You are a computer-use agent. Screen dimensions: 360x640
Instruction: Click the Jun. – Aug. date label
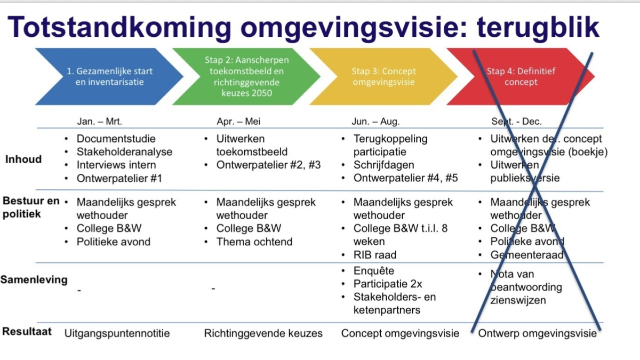point(375,121)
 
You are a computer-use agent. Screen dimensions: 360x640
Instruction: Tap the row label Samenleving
point(34,279)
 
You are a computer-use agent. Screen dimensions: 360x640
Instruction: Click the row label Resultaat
point(27,331)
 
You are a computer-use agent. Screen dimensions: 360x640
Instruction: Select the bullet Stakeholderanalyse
point(124,152)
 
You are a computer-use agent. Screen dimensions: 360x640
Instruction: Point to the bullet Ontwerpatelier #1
point(119,178)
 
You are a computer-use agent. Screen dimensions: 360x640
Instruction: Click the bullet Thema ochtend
point(254,242)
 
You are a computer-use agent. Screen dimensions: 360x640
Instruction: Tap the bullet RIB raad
point(374,255)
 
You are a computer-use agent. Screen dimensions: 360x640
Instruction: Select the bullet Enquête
point(373,270)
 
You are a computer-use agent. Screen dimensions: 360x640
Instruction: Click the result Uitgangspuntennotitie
point(117,333)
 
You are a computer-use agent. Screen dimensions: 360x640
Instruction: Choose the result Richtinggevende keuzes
point(263,333)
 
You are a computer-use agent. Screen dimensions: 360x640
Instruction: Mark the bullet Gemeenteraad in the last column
point(526,255)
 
